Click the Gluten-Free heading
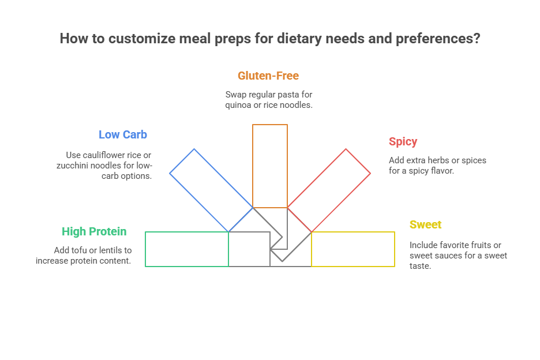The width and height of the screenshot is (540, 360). point(268,76)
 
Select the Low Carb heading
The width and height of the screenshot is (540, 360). point(123,134)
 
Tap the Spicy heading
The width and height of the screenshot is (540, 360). point(403,141)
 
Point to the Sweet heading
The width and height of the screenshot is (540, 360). point(425,224)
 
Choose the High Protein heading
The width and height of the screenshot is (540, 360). point(94,231)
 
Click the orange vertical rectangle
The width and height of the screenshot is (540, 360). point(270,166)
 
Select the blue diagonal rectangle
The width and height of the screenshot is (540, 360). point(211,190)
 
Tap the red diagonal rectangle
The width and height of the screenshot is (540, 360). point(329,190)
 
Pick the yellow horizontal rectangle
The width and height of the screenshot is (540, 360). point(353,249)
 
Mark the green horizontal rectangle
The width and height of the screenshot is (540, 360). point(187,249)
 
